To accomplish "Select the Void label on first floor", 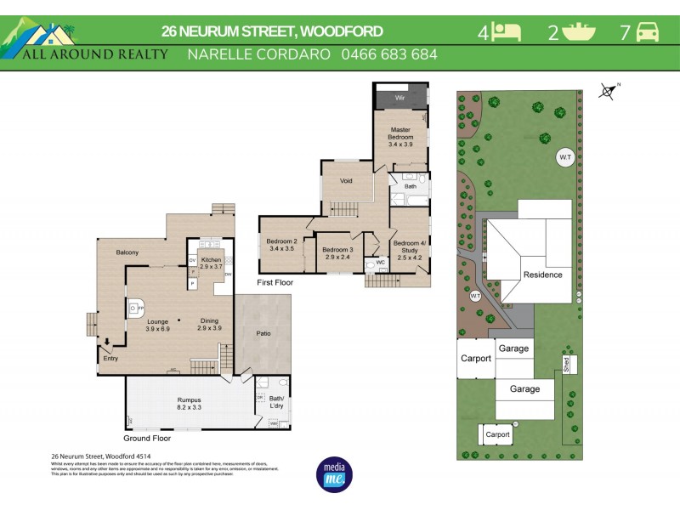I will pyautogui.click(x=346, y=180).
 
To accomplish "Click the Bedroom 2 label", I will pyautogui.click(x=281, y=245).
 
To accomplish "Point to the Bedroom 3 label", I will pyautogui.click(x=337, y=252).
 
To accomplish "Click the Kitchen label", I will pyautogui.click(x=210, y=263).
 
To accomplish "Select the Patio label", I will pyautogui.click(x=263, y=333).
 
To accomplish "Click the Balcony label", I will pyautogui.click(x=127, y=252).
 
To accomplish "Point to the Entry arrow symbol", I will pyautogui.click(x=107, y=343).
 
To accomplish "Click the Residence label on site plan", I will pyautogui.click(x=542, y=275).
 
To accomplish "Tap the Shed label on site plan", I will pyautogui.click(x=565, y=364).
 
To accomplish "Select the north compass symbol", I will pyautogui.click(x=608, y=90).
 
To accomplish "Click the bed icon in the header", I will pyautogui.click(x=508, y=32).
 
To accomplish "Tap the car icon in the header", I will pyautogui.click(x=649, y=32).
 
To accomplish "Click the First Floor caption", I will pyautogui.click(x=275, y=281).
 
